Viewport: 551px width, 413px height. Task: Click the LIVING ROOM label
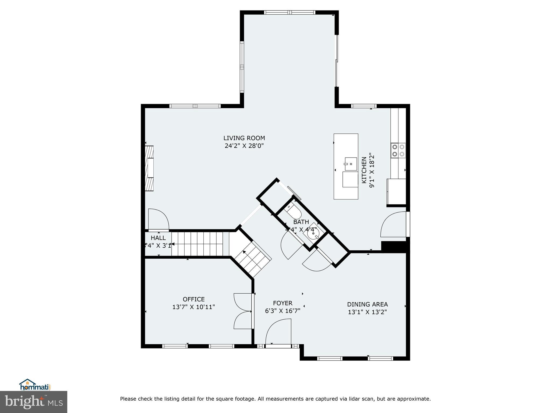244,138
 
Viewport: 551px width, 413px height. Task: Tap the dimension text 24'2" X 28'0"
244,146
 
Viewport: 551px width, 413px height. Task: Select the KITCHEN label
364,170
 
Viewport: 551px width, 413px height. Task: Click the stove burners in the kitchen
398,150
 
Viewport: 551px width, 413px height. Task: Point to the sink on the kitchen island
351,164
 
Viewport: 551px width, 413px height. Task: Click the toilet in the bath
294,212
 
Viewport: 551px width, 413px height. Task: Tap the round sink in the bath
313,233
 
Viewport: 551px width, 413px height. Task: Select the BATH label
301,222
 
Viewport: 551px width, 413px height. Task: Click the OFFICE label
194,299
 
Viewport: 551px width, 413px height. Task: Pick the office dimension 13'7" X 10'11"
194,307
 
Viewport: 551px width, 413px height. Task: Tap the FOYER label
282,303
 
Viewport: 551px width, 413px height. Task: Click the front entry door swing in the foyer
278,332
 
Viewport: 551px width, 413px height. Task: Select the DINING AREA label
367,304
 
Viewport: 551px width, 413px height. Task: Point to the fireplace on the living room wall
149,168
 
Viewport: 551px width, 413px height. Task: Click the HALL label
158,238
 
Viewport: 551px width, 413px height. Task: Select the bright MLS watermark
34,402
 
